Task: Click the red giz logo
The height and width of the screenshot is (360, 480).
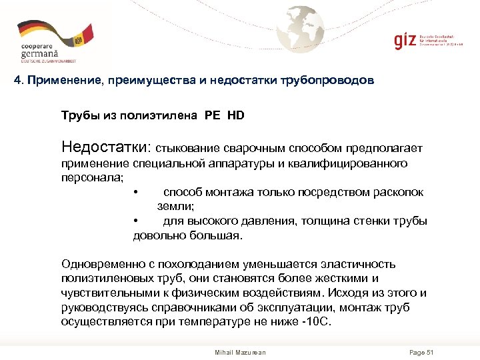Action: pyautogui.click(x=403, y=41)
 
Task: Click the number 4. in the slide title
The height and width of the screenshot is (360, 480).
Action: pyautogui.click(x=19, y=81)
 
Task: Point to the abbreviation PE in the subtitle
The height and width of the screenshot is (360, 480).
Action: pyautogui.click(x=213, y=115)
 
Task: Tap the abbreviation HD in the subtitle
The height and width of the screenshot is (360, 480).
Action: pyautogui.click(x=236, y=115)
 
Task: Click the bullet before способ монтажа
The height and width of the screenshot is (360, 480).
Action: pyautogui.click(x=135, y=193)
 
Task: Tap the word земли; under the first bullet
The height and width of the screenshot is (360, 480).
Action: pyautogui.click(x=176, y=207)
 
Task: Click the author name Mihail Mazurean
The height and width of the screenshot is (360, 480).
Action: pyautogui.click(x=240, y=352)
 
